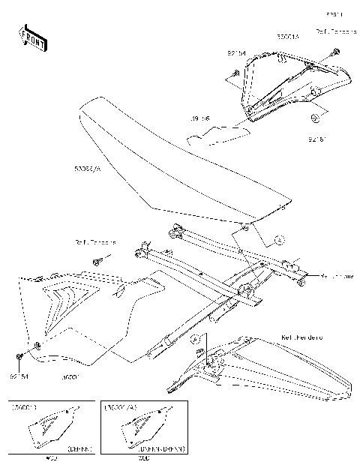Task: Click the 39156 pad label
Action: [x=199, y=118]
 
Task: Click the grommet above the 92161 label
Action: [x=316, y=118]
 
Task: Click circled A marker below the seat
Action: [x=278, y=240]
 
